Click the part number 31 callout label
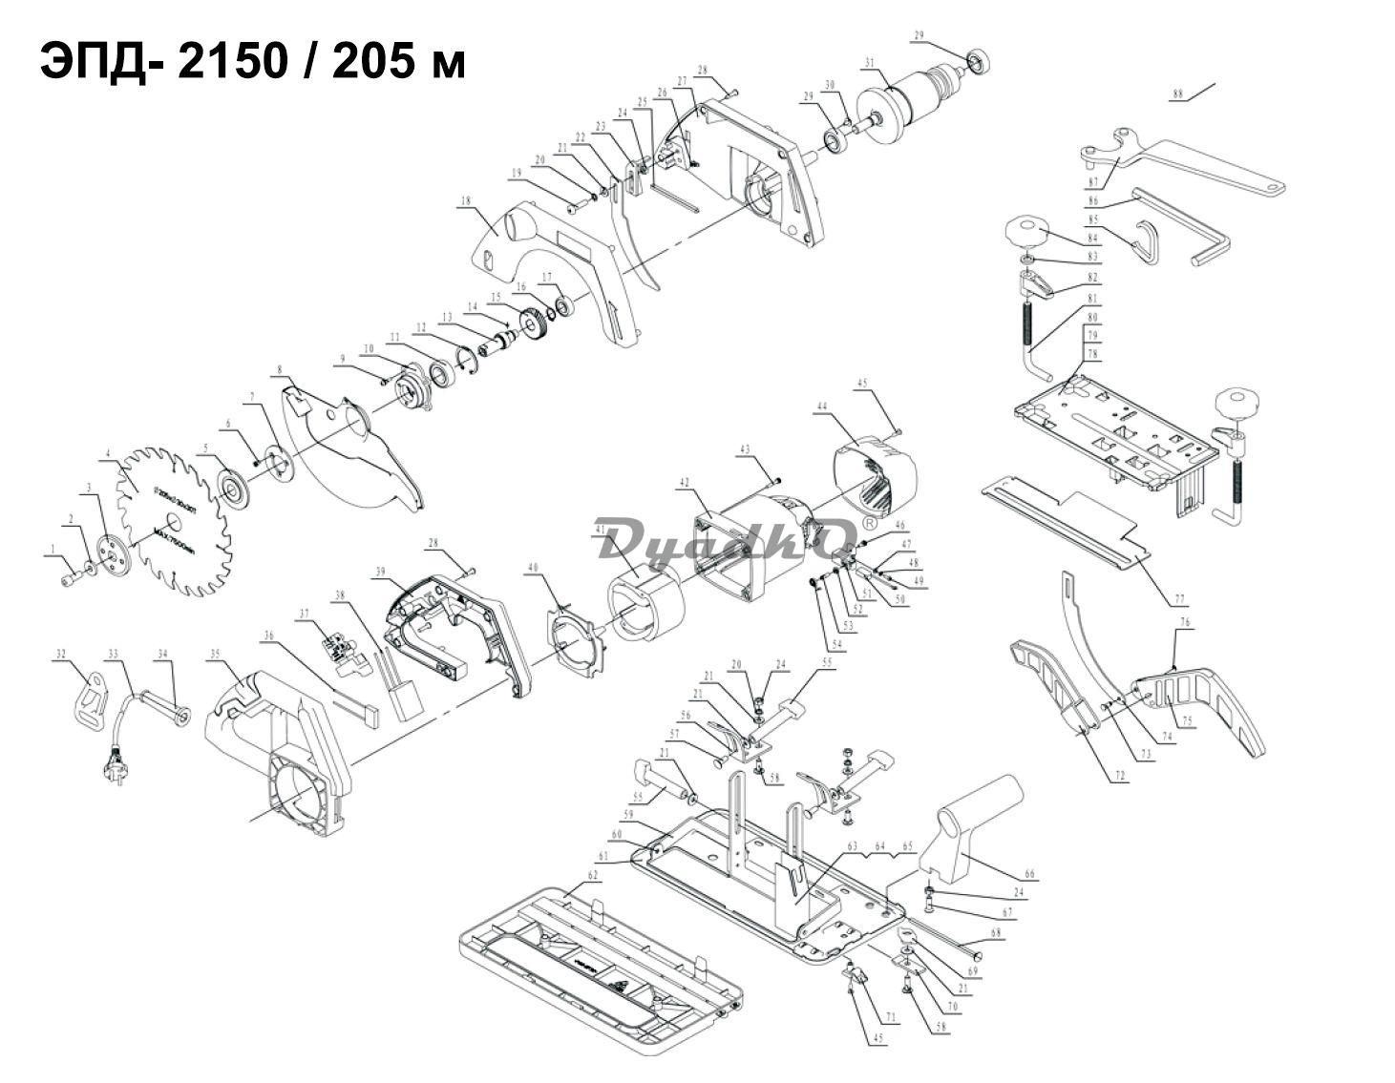pos(869,64)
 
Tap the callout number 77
pos(1180,600)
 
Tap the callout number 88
pos(1177,94)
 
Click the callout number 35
pos(215,654)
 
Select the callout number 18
pos(466,201)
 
